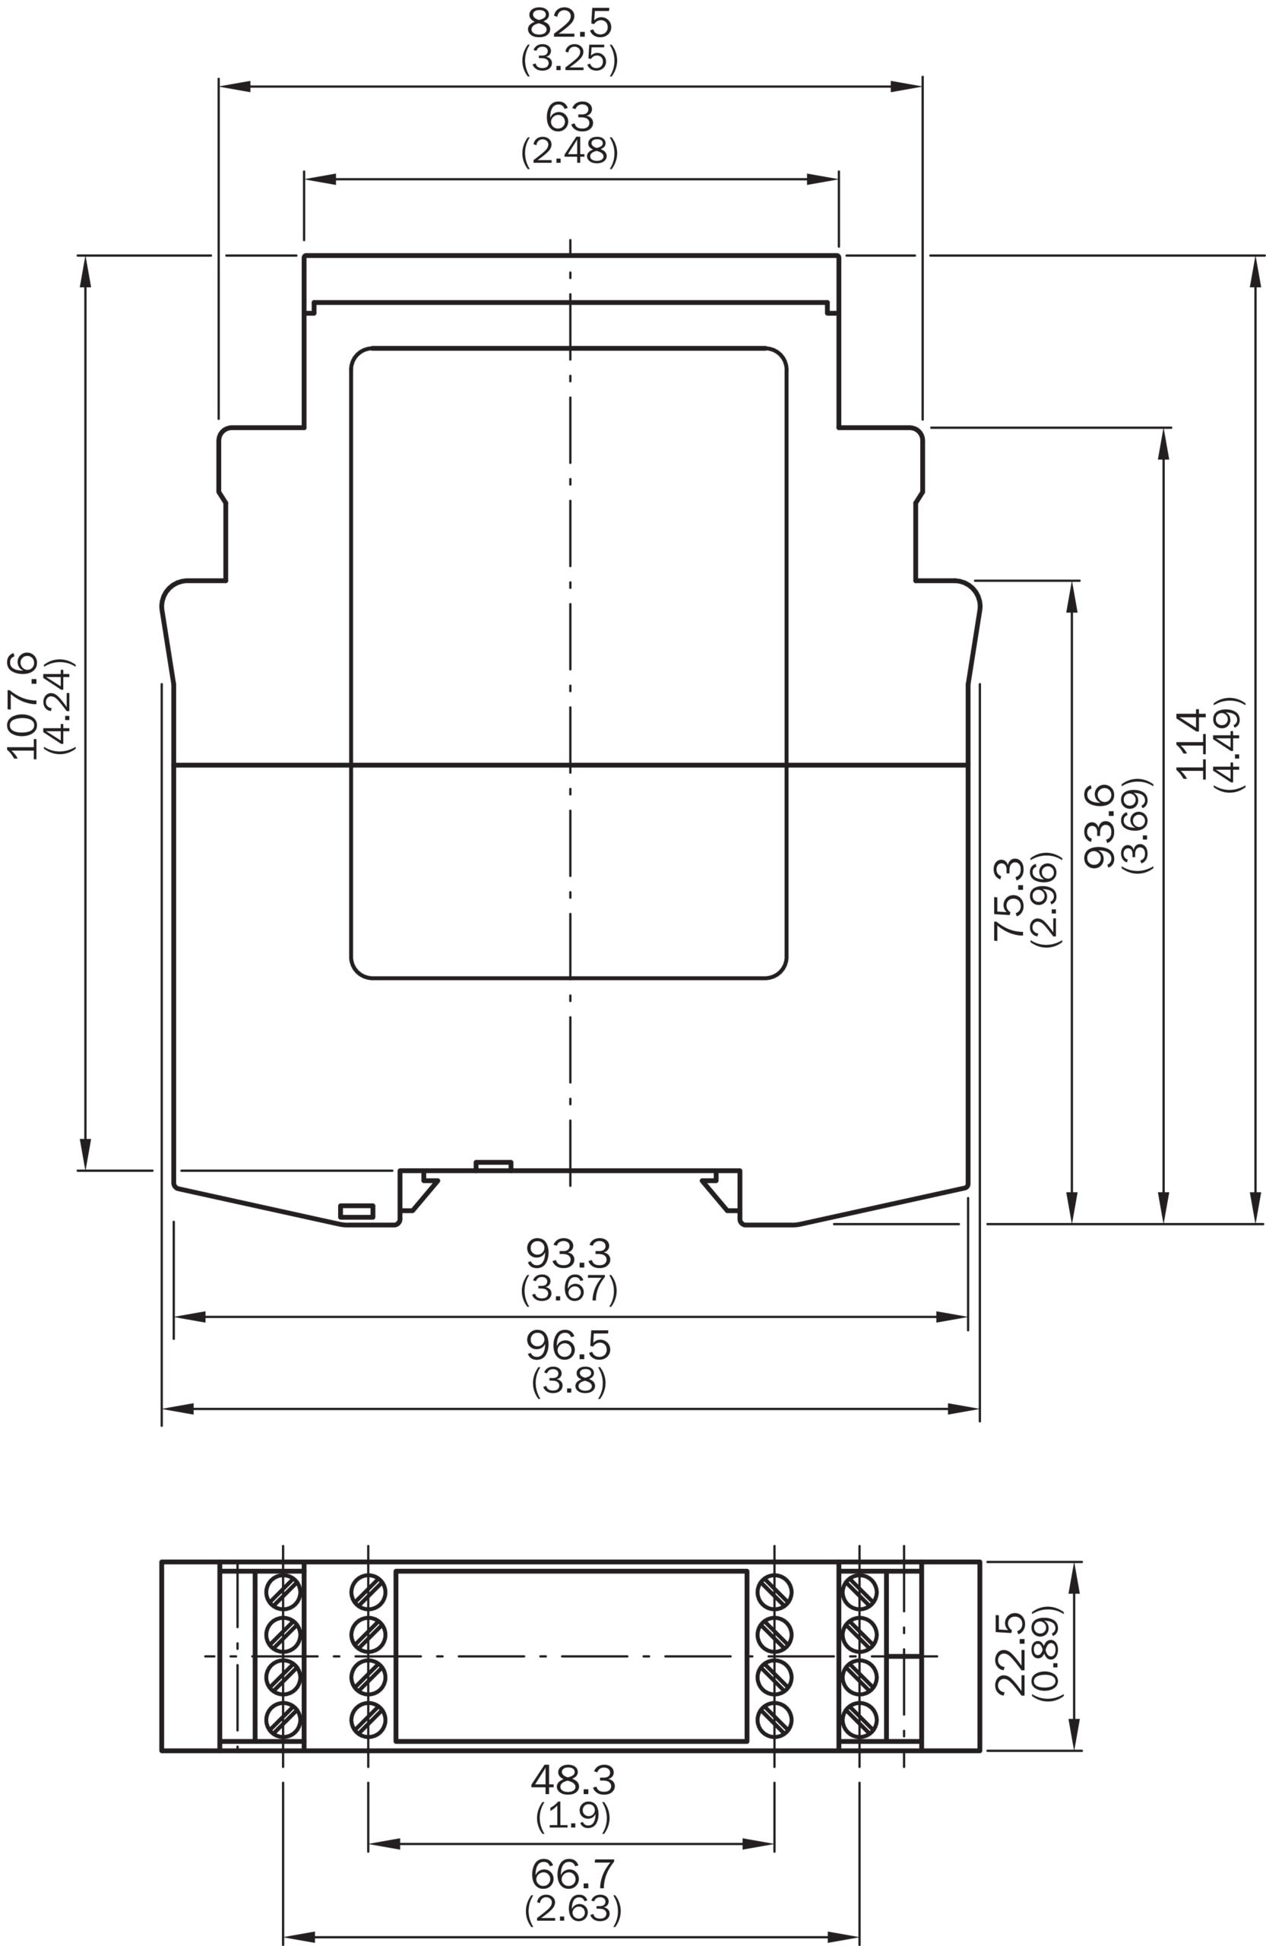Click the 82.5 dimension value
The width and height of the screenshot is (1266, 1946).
pos(569,23)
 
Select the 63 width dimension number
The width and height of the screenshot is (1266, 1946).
pos(569,117)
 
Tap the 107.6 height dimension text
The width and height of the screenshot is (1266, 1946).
pos(23,705)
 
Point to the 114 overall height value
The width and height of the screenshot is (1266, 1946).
pos(1190,743)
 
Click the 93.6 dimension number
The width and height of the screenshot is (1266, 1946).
pos(1100,826)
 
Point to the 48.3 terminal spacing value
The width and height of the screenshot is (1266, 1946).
pos(573,1780)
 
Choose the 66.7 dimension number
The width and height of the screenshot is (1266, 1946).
pos(573,1873)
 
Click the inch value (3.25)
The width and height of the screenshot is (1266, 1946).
pos(569,58)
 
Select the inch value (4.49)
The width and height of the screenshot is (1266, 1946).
pos(1229,744)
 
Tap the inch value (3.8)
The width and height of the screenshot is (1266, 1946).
pos(569,1381)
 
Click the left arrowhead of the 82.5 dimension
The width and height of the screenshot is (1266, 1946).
pos(235,86)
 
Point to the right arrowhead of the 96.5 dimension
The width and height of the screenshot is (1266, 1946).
pos(964,1409)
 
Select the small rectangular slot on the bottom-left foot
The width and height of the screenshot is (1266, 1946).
pos(356,1211)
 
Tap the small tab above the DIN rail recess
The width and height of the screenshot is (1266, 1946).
pos(494,1165)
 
